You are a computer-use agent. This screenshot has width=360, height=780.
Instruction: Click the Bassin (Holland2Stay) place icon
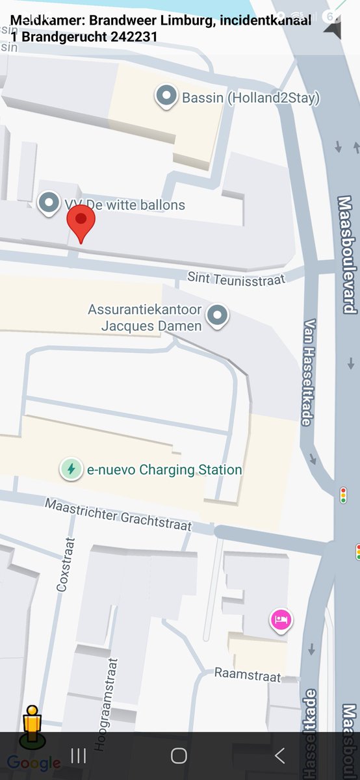[x=167, y=97]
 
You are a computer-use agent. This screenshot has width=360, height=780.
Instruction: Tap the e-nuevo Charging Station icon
[x=71, y=469]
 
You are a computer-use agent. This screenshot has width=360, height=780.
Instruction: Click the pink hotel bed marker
[x=281, y=620]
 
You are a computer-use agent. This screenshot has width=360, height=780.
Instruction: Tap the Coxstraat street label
[x=63, y=564]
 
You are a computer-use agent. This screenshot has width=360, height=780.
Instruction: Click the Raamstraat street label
[x=248, y=675]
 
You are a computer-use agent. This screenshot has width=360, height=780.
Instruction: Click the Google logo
[x=34, y=763]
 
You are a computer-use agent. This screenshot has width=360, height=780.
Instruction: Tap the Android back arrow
[x=279, y=755]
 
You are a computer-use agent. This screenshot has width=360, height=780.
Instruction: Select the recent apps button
[x=79, y=755]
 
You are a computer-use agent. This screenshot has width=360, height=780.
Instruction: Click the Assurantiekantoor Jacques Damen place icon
[x=218, y=316]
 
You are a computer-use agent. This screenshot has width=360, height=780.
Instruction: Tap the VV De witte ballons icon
[x=49, y=203]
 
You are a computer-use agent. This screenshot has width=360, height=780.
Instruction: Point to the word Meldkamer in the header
[x=40, y=20]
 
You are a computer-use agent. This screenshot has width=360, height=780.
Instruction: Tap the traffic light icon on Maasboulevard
[x=343, y=495]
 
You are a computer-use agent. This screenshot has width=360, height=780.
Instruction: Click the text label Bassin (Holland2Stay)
[x=251, y=98]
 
